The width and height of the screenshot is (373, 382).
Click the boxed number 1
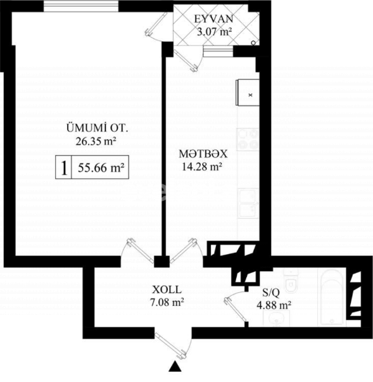click(63, 168)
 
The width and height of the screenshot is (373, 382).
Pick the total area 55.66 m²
click(99, 169)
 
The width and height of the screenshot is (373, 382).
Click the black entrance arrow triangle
click(174, 366)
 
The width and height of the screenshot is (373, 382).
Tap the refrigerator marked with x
click(246, 95)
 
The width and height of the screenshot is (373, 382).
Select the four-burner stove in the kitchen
click(246, 139)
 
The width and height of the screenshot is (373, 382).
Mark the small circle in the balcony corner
click(253, 42)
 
